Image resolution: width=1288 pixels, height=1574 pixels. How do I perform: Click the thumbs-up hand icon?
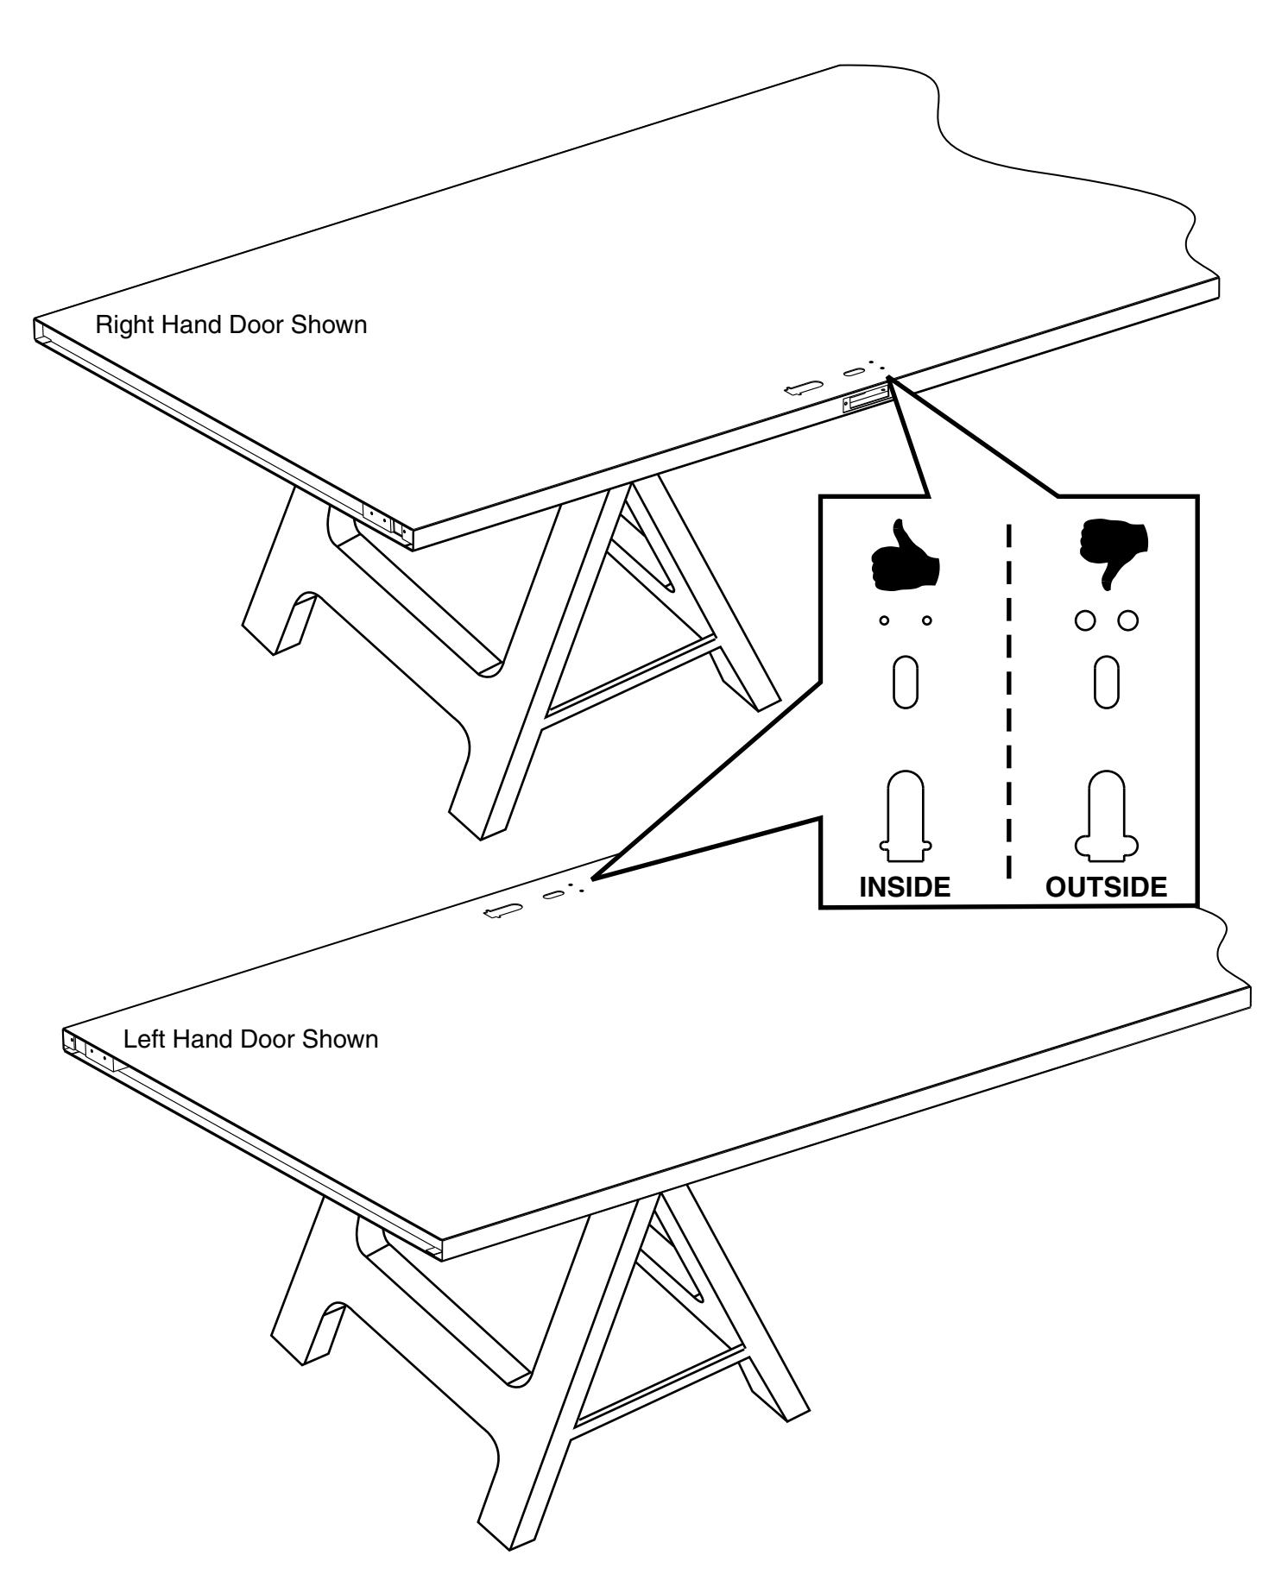(x=905, y=558)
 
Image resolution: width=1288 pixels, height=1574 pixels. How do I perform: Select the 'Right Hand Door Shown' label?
(x=230, y=325)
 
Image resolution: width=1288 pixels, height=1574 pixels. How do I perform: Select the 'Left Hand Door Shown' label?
(x=250, y=1038)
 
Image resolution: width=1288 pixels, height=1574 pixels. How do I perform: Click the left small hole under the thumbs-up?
(x=884, y=620)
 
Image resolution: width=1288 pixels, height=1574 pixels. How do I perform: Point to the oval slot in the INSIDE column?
(x=905, y=683)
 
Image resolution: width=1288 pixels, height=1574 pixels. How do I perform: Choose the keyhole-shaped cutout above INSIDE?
(x=905, y=815)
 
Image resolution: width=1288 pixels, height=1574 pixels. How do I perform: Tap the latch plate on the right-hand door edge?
(x=866, y=400)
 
